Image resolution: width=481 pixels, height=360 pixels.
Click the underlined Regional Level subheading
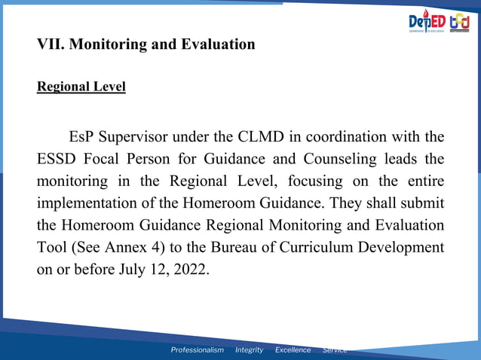pyautogui.click(x=81, y=87)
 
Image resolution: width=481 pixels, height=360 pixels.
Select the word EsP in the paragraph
pyautogui.click(x=82, y=137)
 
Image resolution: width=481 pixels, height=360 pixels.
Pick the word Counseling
pyautogui.click(x=343, y=160)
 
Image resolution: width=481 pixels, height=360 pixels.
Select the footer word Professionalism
pyautogui.click(x=197, y=349)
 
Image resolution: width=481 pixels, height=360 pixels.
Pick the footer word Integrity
pyautogui.click(x=249, y=349)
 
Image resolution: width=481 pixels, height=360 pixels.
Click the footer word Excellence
pyautogui.click(x=293, y=349)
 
